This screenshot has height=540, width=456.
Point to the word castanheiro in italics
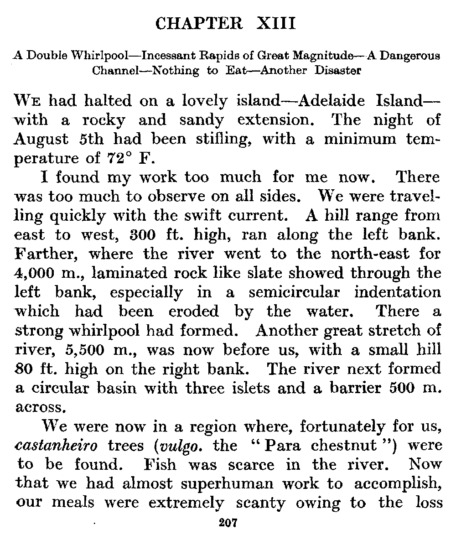[x=52, y=446]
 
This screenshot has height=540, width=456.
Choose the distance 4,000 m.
[x=38, y=273]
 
